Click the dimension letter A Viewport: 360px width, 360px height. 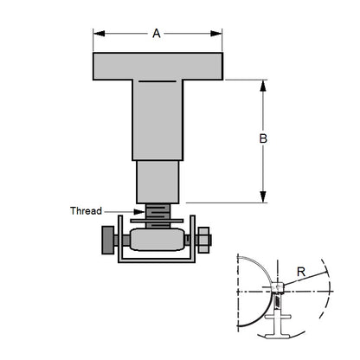[x=157, y=34]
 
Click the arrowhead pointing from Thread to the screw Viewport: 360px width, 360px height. [x=141, y=210]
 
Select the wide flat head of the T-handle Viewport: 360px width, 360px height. [x=157, y=66]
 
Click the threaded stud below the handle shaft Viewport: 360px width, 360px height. [x=157, y=214]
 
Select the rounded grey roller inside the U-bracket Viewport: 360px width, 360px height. [x=157, y=240]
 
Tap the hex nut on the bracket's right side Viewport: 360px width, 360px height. [x=205, y=239]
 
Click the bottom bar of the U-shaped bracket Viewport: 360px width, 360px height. [x=157, y=260]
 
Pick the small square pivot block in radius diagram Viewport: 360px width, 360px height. [x=278, y=287]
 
